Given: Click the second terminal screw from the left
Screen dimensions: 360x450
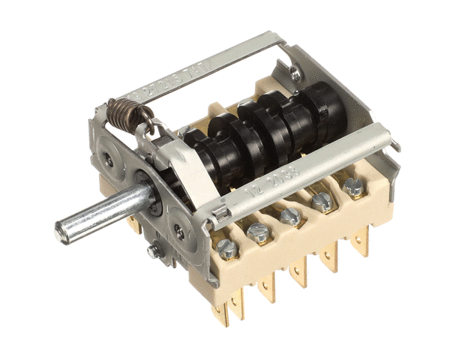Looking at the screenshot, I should click(259, 232).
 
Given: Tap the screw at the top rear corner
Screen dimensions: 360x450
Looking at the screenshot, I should click(295, 73).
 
